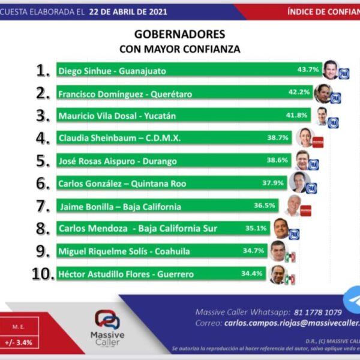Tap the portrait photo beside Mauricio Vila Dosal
322,115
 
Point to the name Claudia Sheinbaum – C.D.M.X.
119,137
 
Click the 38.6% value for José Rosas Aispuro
278,161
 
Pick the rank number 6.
42,184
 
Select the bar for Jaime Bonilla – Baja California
150,206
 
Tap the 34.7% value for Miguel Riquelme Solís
253,250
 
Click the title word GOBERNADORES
180,34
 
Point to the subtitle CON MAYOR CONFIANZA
180,49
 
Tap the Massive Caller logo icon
107,319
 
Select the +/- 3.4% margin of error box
20,342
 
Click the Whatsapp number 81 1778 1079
319,312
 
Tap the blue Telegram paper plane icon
353,300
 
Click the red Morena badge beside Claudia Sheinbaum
318,142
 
